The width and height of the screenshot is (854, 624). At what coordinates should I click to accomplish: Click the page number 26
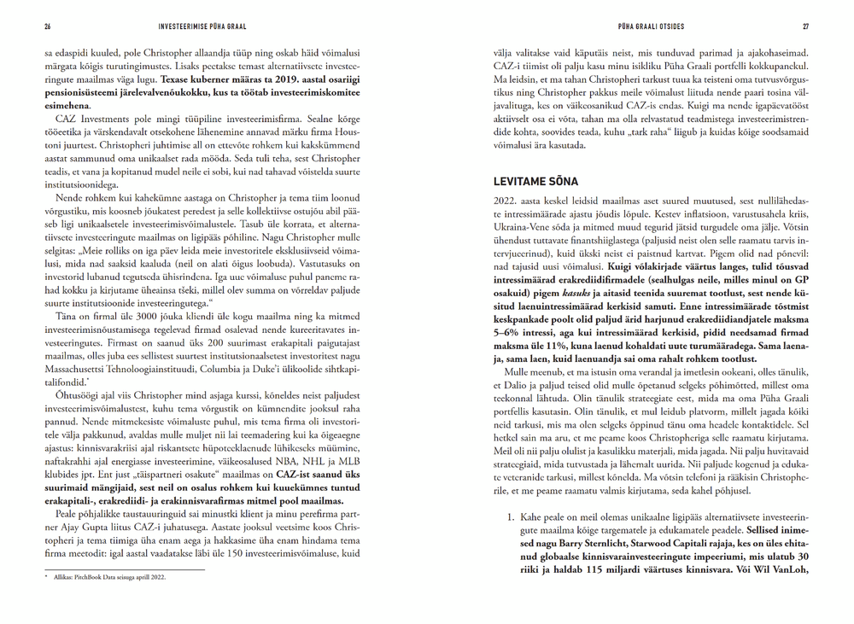click(x=48, y=26)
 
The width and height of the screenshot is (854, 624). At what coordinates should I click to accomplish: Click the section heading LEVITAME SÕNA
click(x=536, y=182)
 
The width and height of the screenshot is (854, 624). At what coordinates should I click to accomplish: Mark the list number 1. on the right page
click(x=511, y=518)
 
